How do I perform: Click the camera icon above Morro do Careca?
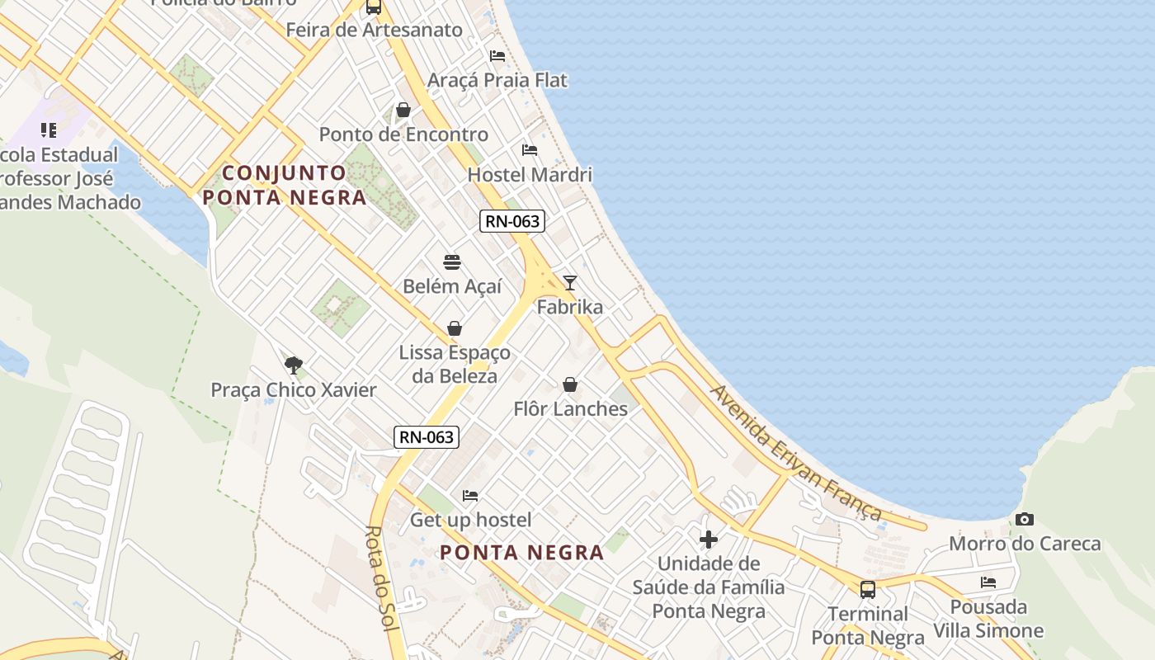click(1025, 519)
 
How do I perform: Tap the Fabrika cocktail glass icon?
click(569, 283)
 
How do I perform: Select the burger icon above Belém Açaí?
click(452, 262)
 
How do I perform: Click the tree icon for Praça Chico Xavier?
click(293, 365)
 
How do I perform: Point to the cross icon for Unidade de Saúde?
click(708, 540)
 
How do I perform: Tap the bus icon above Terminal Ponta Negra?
click(868, 589)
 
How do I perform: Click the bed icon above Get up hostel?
click(470, 496)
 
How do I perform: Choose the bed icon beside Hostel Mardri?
click(530, 150)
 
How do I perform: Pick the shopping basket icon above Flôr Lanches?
click(570, 384)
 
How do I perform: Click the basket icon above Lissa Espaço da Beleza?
click(455, 328)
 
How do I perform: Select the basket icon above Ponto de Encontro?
click(403, 110)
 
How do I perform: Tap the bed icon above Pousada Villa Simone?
click(988, 582)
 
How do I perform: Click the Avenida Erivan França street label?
click(795, 454)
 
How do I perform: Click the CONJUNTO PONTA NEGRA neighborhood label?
click(285, 186)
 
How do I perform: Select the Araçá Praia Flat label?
click(497, 80)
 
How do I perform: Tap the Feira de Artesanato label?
click(374, 31)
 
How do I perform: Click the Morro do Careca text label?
click(1025, 544)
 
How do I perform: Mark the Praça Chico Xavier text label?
click(294, 390)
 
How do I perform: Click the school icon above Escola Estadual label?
click(49, 130)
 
